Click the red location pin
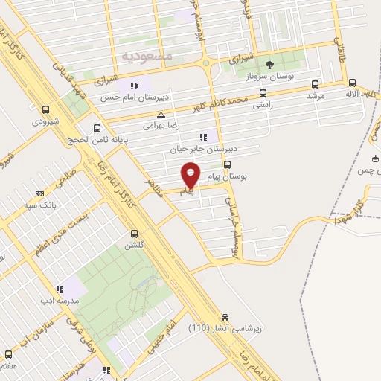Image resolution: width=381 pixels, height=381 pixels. (190, 176)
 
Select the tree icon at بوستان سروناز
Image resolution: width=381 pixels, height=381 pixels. (269, 65)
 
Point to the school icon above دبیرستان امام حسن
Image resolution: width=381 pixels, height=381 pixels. (134, 85)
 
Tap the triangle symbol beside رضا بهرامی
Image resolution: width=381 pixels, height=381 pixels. (161, 115)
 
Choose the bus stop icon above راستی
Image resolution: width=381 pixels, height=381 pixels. (263, 94)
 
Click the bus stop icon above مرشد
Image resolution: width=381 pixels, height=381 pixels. (316, 84)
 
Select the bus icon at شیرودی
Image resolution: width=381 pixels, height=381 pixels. (47, 108)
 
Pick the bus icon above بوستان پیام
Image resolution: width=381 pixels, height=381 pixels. (227, 164)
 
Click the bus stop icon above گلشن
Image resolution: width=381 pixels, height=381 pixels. (134, 232)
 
